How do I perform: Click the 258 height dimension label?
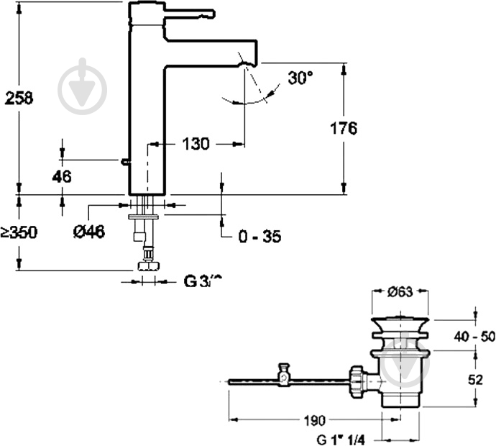coord(19,99)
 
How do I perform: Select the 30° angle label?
coord(300,78)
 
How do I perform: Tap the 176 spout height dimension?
coord(344,129)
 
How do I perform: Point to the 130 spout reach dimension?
coord(195,144)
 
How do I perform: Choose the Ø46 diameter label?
coord(90,231)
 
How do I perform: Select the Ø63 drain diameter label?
coord(400,292)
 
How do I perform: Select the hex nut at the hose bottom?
coord(149,267)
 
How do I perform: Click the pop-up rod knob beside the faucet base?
coord(125,163)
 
